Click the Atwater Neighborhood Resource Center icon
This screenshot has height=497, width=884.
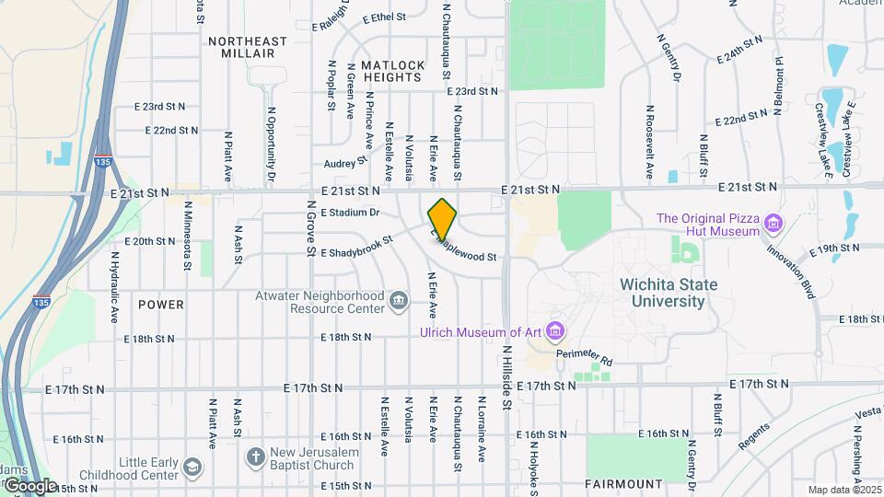[x=399, y=300]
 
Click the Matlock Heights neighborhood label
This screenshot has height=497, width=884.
[x=393, y=72]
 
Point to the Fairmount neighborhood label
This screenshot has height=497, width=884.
[x=623, y=483]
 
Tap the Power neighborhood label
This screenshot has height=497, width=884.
[x=161, y=304]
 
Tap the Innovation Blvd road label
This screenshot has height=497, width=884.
[x=793, y=268]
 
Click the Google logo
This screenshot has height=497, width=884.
[x=29, y=486]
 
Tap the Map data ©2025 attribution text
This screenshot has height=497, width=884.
[x=843, y=490]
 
